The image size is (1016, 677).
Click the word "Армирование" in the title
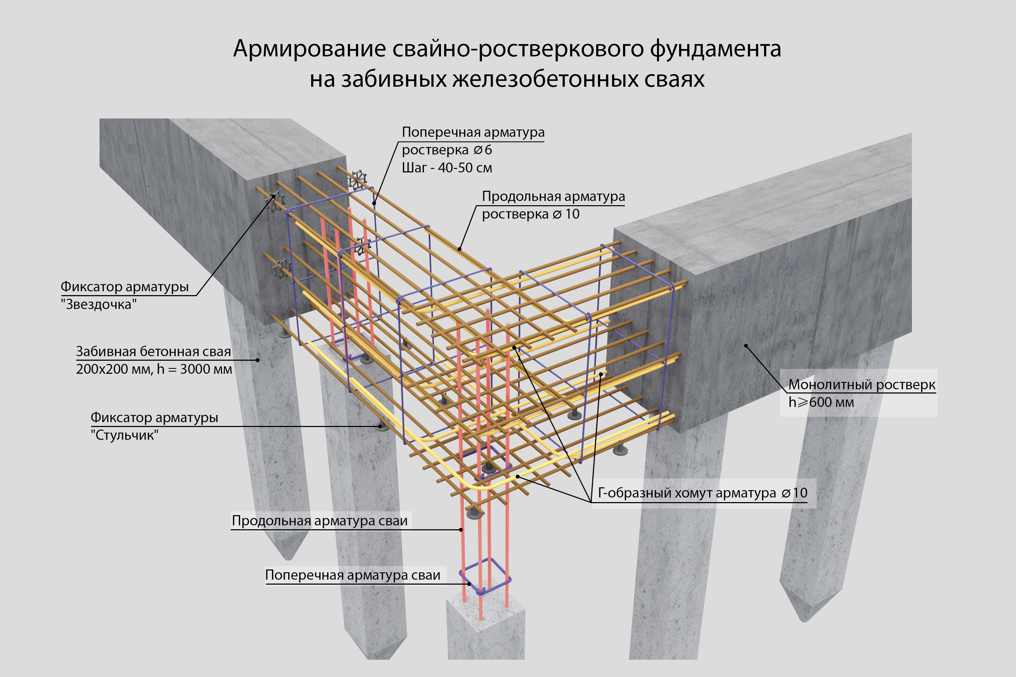309,49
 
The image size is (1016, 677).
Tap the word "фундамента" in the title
715,49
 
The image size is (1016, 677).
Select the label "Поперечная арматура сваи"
352,575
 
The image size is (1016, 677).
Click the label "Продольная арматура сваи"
320,521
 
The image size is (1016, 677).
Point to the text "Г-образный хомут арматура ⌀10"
702,493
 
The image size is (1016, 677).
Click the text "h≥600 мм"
821,402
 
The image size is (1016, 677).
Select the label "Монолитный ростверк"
862,385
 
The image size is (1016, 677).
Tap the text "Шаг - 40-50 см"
447,168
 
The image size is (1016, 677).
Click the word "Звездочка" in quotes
98,304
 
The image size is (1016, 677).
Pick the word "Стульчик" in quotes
125,435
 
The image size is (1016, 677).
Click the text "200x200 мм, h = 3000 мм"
154,369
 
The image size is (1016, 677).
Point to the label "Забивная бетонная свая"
153,352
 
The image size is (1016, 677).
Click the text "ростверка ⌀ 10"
531,214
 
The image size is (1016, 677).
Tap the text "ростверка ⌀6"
447,150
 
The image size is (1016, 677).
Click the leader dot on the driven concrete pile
258,360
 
